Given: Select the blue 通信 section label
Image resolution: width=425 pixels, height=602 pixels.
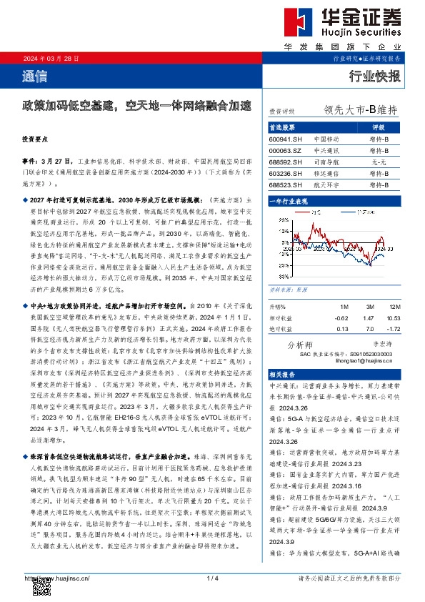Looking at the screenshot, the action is point(32,76).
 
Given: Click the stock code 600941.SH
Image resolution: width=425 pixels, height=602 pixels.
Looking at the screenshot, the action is point(285,138).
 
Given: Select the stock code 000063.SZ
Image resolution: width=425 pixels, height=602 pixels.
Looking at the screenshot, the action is point(285,150).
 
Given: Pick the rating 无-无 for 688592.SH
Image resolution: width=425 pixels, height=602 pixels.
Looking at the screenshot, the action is point(379,162).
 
